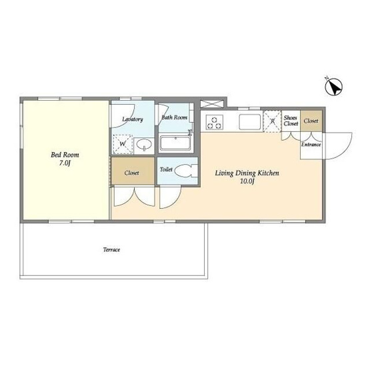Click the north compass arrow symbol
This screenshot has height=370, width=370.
point(334,87)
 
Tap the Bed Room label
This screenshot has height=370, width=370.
point(65,155)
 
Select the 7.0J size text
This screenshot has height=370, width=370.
point(65,163)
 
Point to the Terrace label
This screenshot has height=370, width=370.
point(111,249)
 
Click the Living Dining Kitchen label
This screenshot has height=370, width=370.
point(247,173)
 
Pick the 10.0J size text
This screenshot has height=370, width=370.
point(247,181)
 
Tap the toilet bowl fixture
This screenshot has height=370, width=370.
point(187,171)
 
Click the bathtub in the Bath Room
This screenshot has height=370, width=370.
point(175,143)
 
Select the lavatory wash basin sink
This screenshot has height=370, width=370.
point(144,145)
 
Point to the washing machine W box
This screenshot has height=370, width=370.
point(123,144)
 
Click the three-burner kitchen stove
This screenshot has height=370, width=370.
point(215,122)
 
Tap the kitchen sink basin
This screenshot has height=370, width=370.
point(250,122)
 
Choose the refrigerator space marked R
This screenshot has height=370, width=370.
point(272,121)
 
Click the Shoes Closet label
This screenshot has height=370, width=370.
point(291,121)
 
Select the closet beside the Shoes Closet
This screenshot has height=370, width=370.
point(311,121)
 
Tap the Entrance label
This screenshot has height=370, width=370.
point(311,145)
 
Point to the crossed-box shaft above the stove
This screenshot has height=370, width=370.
point(211,104)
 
